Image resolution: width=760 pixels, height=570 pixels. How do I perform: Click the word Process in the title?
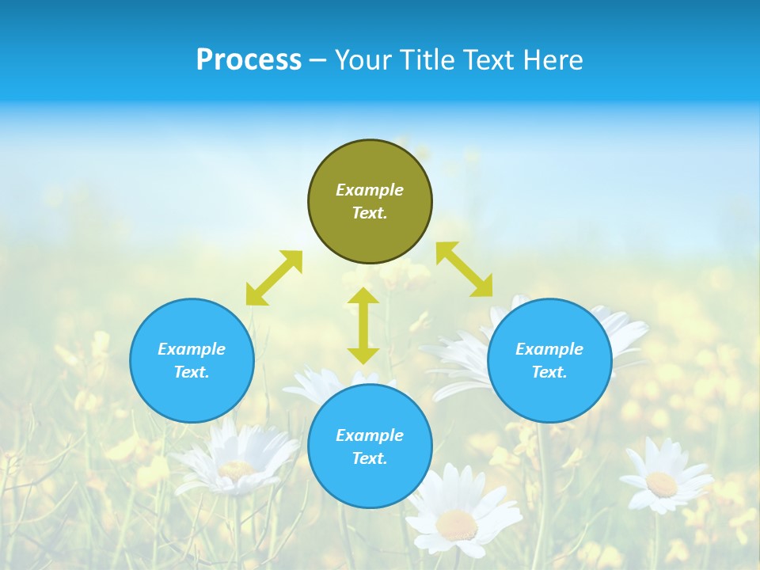[249, 60]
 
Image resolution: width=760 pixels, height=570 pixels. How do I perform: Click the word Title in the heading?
[428, 60]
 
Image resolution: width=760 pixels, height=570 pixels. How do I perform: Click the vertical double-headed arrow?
[363, 325]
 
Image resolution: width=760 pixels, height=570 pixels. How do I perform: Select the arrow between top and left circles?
[274, 278]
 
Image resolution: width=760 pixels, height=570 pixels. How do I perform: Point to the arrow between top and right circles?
[465, 269]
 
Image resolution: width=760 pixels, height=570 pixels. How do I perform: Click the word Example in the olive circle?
[370, 190]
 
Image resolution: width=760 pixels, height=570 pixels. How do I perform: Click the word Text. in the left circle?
[192, 372]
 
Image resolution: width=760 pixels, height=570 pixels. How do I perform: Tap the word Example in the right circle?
[549, 349]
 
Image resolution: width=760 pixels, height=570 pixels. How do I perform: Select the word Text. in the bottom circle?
[370, 458]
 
